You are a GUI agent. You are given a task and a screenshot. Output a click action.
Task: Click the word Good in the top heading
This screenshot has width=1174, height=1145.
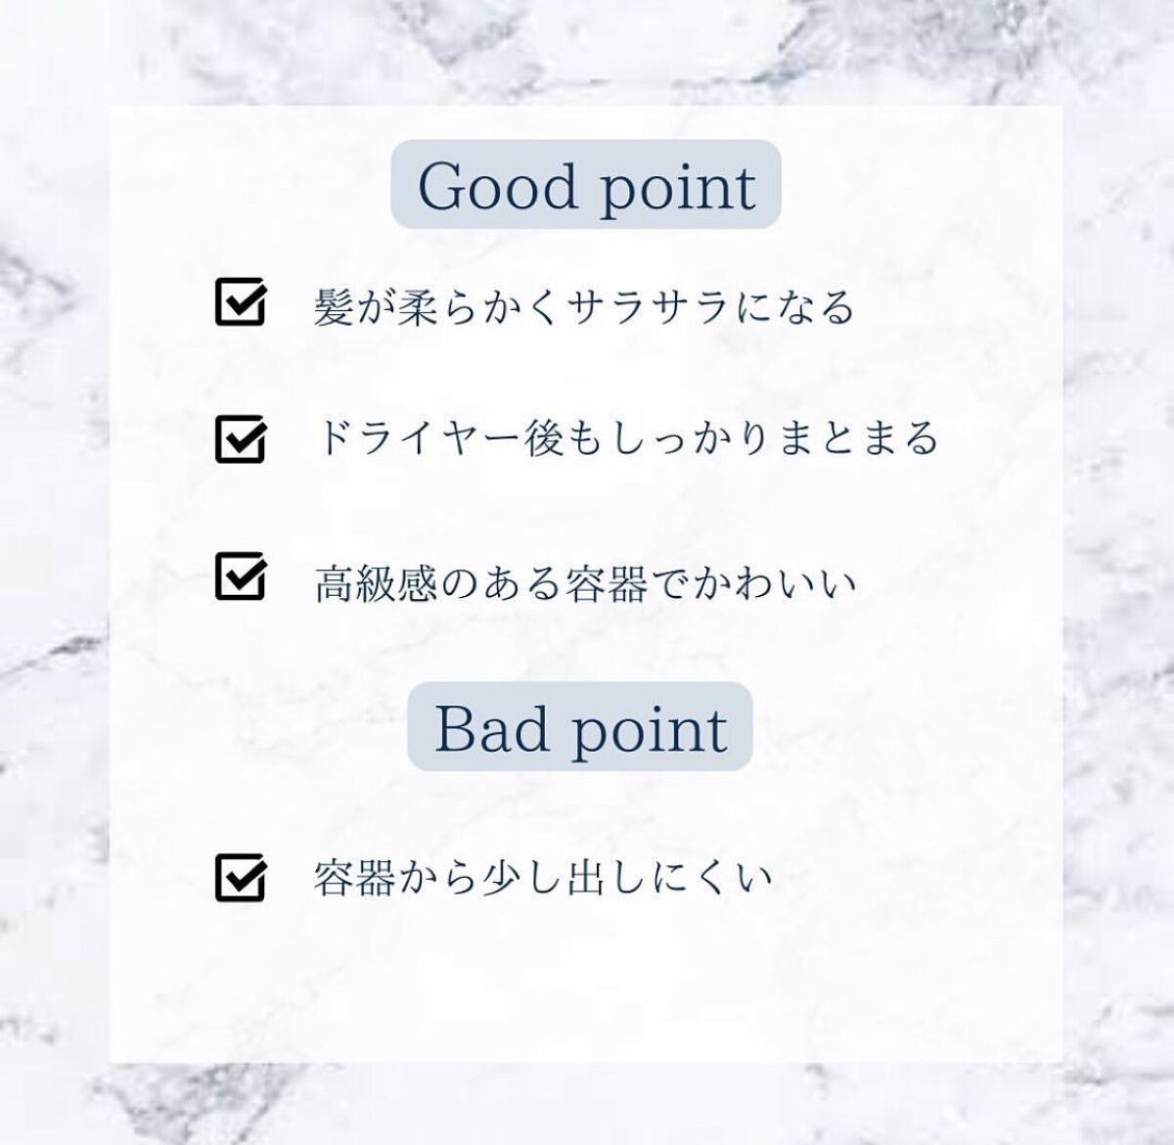click(498, 186)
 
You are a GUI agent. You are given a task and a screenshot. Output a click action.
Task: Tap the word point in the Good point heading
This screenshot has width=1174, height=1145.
click(678, 189)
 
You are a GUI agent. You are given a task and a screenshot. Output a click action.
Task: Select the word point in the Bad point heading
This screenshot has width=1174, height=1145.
click(650, 732)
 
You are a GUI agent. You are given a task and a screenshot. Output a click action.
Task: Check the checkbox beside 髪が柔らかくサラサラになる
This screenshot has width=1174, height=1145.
click(240, 301)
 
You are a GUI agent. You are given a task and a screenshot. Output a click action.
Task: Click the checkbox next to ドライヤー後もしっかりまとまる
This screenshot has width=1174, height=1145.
click(240, 438)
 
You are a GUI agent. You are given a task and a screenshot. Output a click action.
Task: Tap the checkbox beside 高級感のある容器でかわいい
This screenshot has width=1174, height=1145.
click(240, 575)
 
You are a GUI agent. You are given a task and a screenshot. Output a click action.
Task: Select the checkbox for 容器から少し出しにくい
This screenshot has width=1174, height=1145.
click(240, 877)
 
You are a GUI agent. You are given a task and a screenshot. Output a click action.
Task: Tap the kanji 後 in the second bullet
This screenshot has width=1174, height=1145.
click(544, 438)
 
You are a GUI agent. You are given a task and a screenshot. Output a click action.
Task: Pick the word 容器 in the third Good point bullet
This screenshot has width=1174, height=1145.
click(606, 583)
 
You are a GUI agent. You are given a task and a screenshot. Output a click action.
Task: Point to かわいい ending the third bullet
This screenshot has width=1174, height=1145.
click(774, 584)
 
